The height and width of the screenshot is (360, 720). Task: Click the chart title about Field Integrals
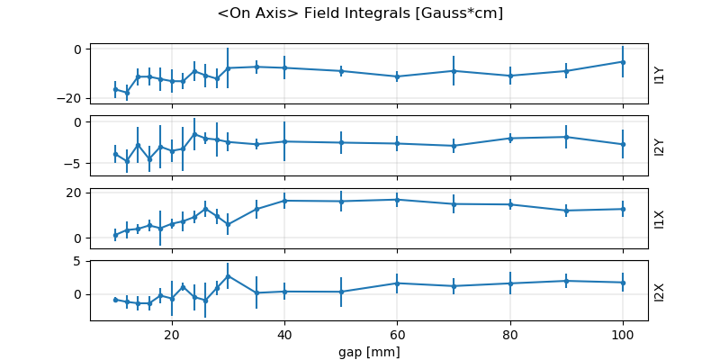point(360,13)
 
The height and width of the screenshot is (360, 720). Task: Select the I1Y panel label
point(660,74)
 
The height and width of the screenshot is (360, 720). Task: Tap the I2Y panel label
point(660,146)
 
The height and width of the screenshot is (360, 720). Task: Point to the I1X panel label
point(660,218)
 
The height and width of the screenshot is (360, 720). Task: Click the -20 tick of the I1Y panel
point(73,98)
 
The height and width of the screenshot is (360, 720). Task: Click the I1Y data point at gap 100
point(623,61)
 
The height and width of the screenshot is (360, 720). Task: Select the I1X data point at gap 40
point(284,201)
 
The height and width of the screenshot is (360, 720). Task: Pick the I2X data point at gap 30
point(228,275)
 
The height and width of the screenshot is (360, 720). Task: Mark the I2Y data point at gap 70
point(454,146)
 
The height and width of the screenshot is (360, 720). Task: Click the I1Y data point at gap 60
point(397,76)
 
